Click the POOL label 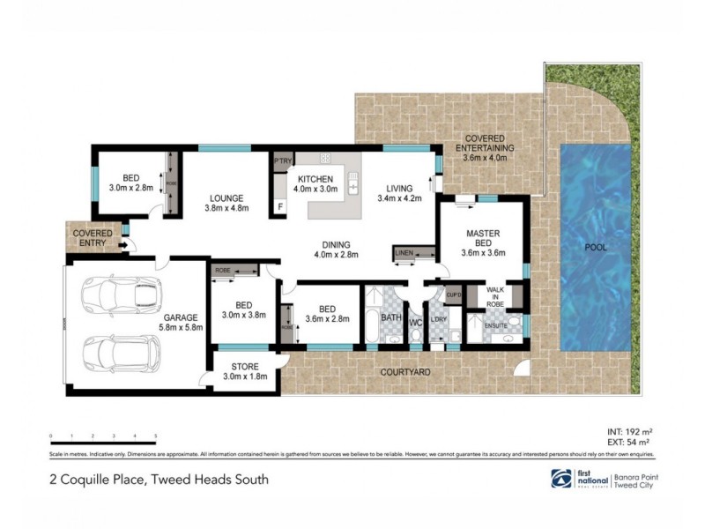[x=597, y=248]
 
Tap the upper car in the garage [x=122, y=294]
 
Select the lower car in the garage [x=122, y=354]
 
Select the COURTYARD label [x=405, y=373]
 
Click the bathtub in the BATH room [x=373, y=328]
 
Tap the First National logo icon [x=561, y=478]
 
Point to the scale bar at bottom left [x=104, y=437]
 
